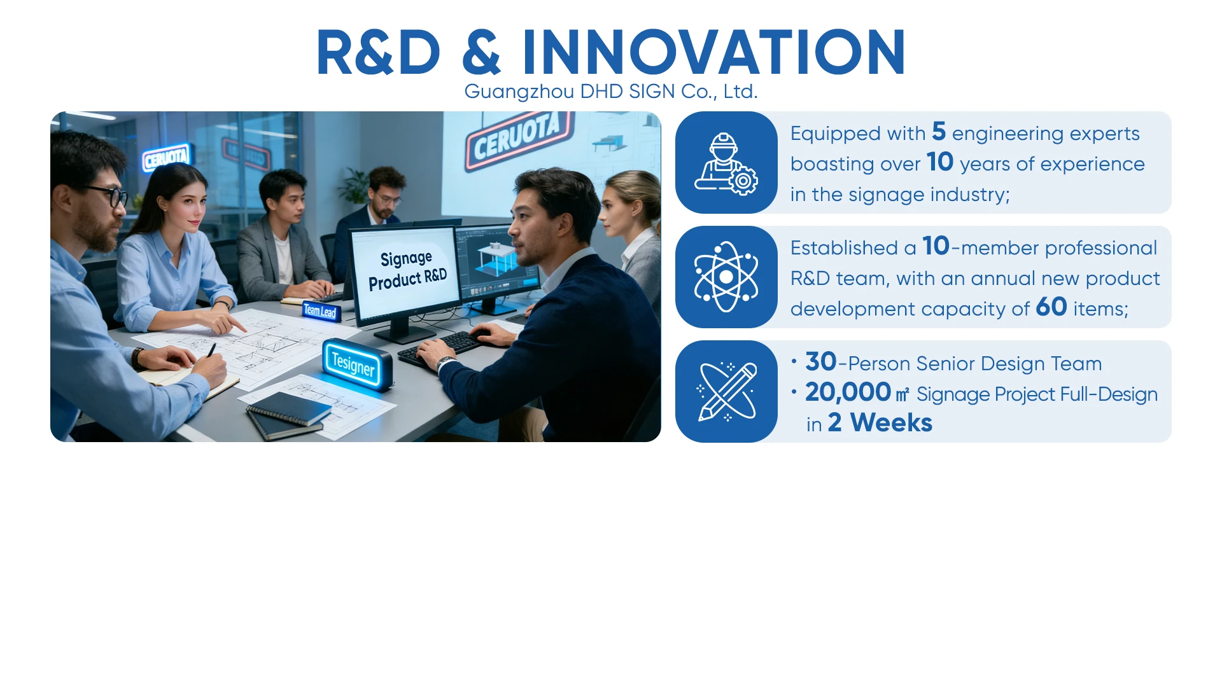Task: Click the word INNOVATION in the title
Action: pyautogui.click(x=713, y=52)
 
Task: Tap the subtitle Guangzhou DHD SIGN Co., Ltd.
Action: pyautogui.click(x=611, y=92)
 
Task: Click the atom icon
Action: pyautogui.click(x=726, y=277)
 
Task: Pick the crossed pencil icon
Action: pyautogui.click(x=727, y=392)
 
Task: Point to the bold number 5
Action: pyautogui.click(x=939, y=132)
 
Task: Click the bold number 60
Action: pyautogui.click(x=1051, y=307)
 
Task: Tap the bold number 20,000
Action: pyautogui.click(x=848, y=392)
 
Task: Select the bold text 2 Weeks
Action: pyautogui.click(x=880, y=423)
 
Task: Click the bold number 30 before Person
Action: pyautogui.click(x=821, y=362)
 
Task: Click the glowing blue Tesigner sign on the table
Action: pyautogui.click(x=354, y=364)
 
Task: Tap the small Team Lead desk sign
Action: pyautogui.click(x=320, y=311)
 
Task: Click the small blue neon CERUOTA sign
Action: pyautogui.click(x=166, y=157)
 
